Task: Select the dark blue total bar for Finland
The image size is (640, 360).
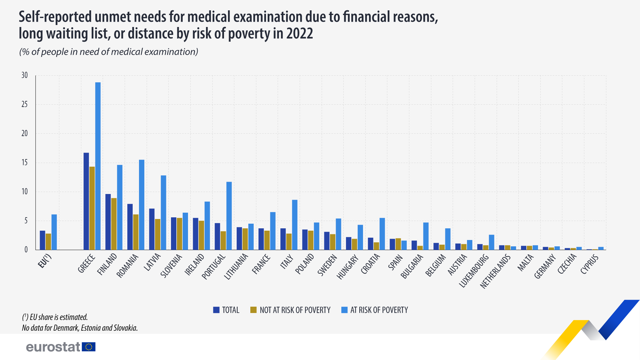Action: click(x=108, y=222)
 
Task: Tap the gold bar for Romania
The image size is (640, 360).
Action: click(x=136, y=232)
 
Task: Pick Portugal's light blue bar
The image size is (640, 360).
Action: click(x=229, y=216)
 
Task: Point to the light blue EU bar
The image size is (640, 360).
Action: click(x=54, y=232)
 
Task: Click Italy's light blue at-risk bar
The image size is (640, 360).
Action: click(x=295, y=225)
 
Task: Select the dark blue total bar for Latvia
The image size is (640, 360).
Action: click(x=152, y=229)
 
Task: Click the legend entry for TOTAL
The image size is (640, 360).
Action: click(x=226, y=310)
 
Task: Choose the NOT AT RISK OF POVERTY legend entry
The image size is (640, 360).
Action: click(x=290, y=310)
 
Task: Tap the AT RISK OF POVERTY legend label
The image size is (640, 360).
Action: click(x=375, y=310)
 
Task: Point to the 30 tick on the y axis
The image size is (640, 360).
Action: click(x=25, y=75)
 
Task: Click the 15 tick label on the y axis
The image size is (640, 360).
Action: click(x=25, y=163)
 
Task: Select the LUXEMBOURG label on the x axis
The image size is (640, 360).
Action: click(x=474, y=271)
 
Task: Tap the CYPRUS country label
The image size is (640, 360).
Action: click(x=589, y=264)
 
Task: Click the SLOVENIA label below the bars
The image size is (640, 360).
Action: click(x=171, y=266)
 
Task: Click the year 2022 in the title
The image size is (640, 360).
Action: click(x=299, y=34)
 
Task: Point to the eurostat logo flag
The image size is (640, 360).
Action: click(x=89, y=347)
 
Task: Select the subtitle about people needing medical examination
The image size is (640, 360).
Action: click(x=109, y=52)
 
